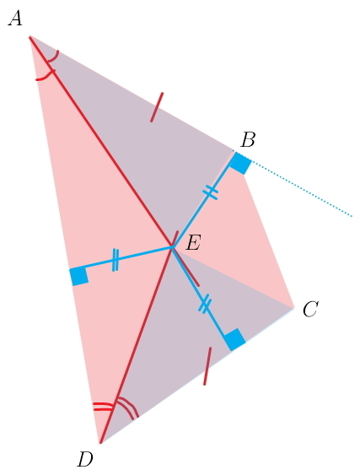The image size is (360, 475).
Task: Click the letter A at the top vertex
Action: click(15, 19)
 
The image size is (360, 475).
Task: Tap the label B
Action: click(248, 140)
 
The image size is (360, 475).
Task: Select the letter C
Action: click(310, 310)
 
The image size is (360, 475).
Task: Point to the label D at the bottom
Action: click(85, 460)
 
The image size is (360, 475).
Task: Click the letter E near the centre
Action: click(193, 243)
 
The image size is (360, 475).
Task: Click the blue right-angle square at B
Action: click(241, 164)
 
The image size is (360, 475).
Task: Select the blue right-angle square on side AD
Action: click(79, 276)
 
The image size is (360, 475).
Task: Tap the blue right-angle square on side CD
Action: click(234, 340)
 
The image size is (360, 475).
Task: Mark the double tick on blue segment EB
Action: click(210, 192)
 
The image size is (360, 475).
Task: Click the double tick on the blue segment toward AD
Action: click(115, 260)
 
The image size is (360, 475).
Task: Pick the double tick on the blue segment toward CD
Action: click(205, 305)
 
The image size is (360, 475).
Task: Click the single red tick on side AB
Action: click(157, 107)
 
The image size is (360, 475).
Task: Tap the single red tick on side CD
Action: click(207, 366)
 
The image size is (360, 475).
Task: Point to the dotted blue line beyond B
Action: click(301, 187)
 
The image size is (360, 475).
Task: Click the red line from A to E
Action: click(101, 142)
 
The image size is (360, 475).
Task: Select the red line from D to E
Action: click(136, 345)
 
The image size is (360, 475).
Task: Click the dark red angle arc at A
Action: click(54, 57)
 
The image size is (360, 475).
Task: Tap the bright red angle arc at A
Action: click(46, 76)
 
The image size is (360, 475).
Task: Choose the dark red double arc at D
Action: click(130, 406)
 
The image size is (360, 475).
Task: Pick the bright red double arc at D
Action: click(104, 406)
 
